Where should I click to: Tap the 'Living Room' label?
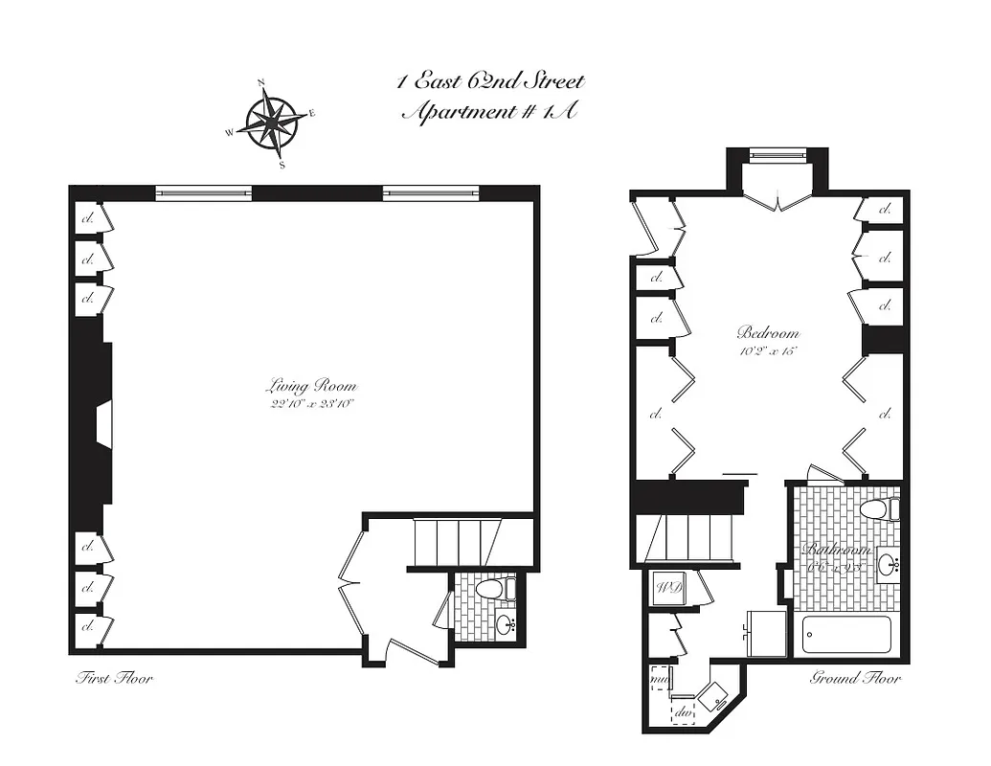pyautogui.click(x=310, y=387)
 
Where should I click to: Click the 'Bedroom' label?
pyautogui.click(x=767, y=333)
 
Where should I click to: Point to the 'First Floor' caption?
pyautogui.click(x=114, y=679)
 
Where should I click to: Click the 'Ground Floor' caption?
pyautogui.click(x=855, y=679)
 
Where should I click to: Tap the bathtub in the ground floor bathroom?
pyautogui.click(x=845, y=635)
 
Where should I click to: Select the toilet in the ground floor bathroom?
pyautogui.click(x=879, y=509)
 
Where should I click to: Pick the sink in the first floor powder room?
pyautogui.click(x=504, y=626)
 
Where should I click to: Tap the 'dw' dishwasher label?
pyautogui.click(x=685, y=712)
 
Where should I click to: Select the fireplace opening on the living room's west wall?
pyautogui.click(x=104, y=424)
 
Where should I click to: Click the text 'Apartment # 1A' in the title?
pyautogui.click(x=488, y=112)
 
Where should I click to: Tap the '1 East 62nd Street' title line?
pyautogui.click(x=490, y=81)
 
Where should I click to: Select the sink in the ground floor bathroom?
pyautogui.click(x=888, y=564)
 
